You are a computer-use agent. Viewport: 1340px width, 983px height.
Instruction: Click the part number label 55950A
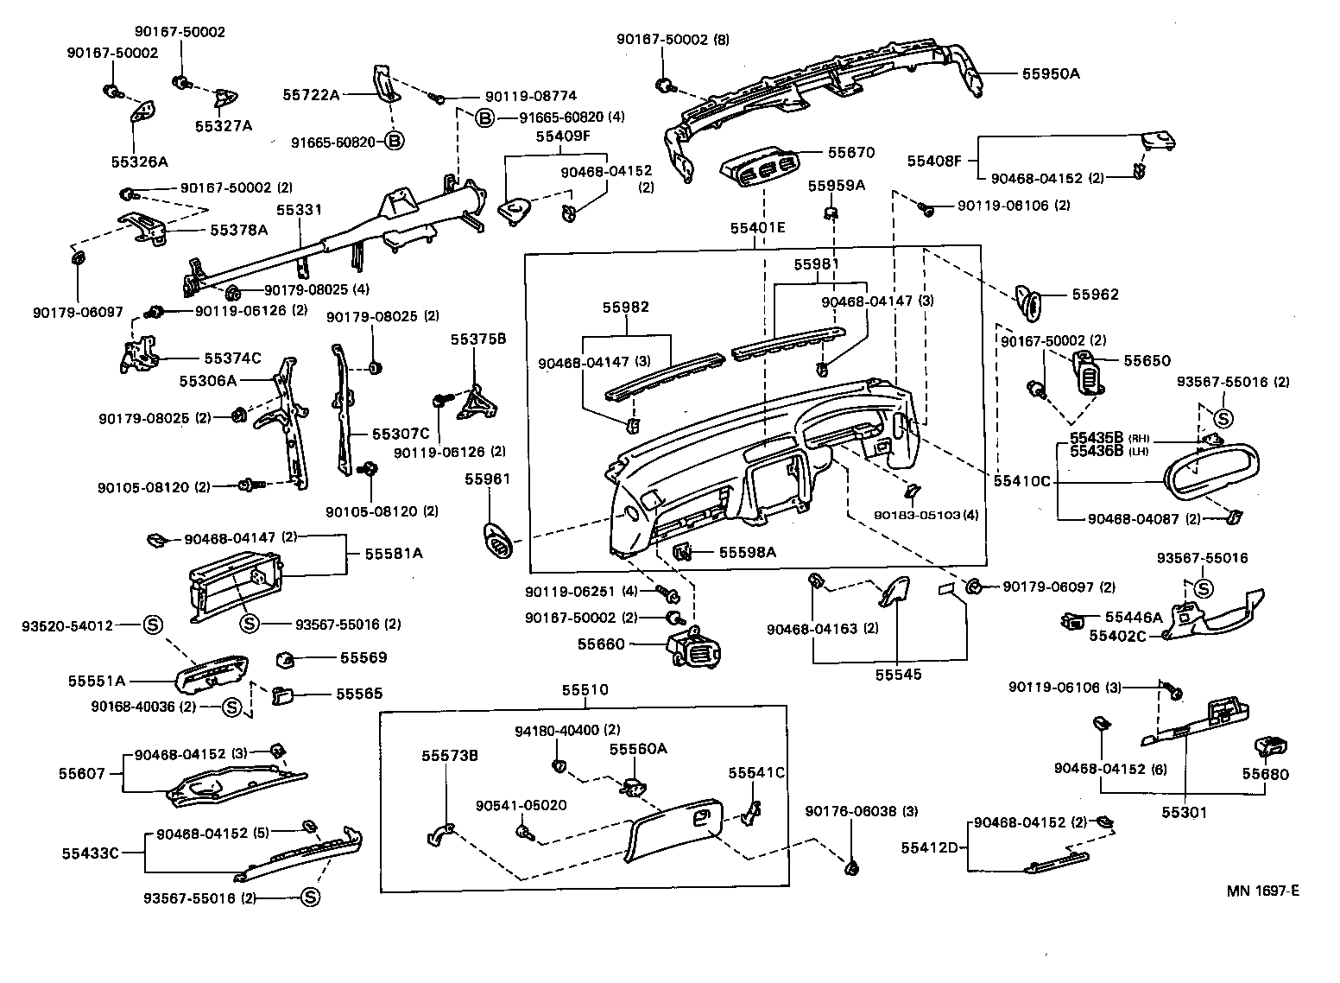tap(1051, 73)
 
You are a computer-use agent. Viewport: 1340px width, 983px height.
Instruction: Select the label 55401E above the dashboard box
tap(757, 229)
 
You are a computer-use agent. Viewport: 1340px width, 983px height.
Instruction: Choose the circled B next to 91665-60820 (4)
tap(484, 117)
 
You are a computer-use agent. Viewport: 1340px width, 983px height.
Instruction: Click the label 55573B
tap(450, 756)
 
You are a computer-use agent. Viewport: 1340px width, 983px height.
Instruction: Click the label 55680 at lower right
tap(1265, 774)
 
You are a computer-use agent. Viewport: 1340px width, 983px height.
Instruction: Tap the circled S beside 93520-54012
tap(152, 625)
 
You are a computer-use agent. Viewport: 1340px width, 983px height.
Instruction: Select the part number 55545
tap(898, 675)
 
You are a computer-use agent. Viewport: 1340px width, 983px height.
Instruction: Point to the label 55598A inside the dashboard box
tap(748, 552)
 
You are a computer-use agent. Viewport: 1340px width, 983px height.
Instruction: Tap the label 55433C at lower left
tap(90, 853)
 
